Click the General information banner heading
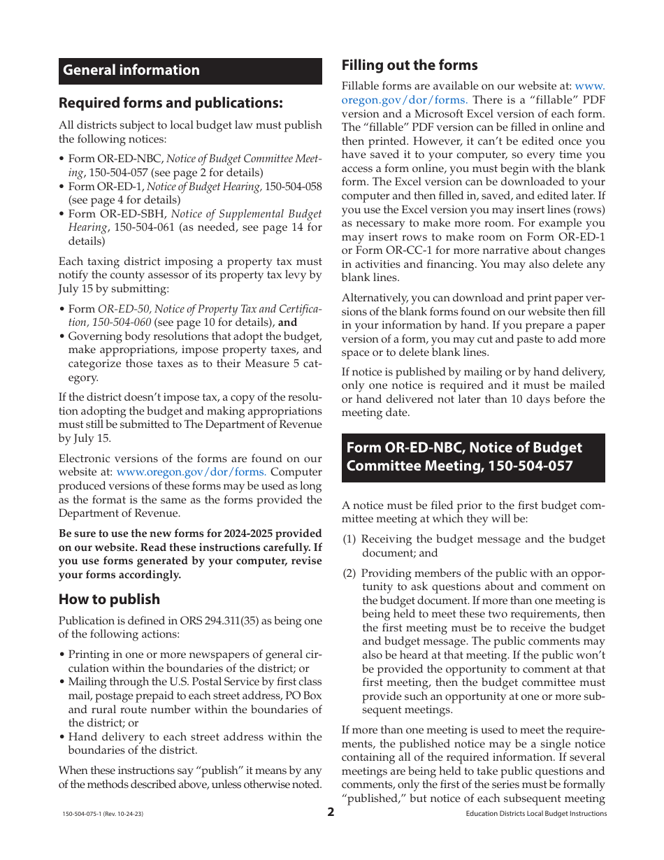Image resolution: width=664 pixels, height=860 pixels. point(131,70)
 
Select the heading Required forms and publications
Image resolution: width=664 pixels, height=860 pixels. point(171,103)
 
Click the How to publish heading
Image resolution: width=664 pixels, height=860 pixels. point(109,599)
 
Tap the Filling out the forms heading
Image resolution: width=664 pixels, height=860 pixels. point(410,65)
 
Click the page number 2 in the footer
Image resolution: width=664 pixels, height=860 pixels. point(331,812)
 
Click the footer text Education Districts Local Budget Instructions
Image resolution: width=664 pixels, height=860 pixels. point(536,814)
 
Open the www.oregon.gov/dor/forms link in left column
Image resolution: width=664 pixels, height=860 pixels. point(191,472)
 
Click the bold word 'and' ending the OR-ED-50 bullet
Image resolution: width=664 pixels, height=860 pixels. point(287,322)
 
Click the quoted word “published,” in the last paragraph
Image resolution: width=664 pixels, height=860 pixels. point(373,798)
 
